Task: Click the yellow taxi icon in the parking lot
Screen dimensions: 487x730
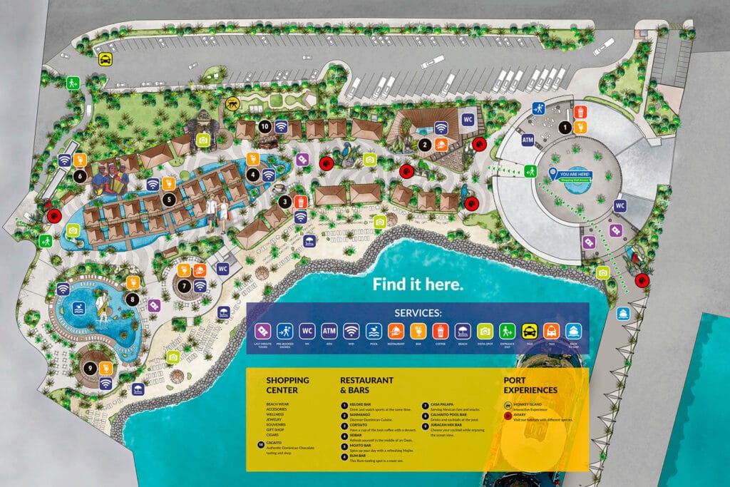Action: (x=105, y=59)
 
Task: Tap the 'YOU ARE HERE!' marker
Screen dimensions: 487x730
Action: (x=575, y=175)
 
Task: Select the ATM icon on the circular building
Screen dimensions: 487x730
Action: (x=528, y=140)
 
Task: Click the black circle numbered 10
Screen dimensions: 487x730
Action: (x=264, y=127)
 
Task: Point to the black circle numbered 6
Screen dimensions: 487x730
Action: (x=80, y=175)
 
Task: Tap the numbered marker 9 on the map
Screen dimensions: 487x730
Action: (x=89, y=368)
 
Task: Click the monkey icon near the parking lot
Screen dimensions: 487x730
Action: (x=232, y=104)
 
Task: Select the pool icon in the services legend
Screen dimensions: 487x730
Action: (x=374, y=331)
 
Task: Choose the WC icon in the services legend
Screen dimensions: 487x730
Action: (x=307, y=331)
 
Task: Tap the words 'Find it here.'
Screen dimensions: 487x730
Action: (x=418, y=284)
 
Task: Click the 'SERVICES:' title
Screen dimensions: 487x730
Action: (x=418, y=313)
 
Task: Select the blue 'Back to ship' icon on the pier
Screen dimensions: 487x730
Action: (x=623, y=313)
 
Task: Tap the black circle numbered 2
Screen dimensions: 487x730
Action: (x=425, y=145)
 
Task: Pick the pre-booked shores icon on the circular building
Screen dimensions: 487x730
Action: (x=538, y=109)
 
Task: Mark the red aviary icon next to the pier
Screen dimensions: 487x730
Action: (x=642, y=280)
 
